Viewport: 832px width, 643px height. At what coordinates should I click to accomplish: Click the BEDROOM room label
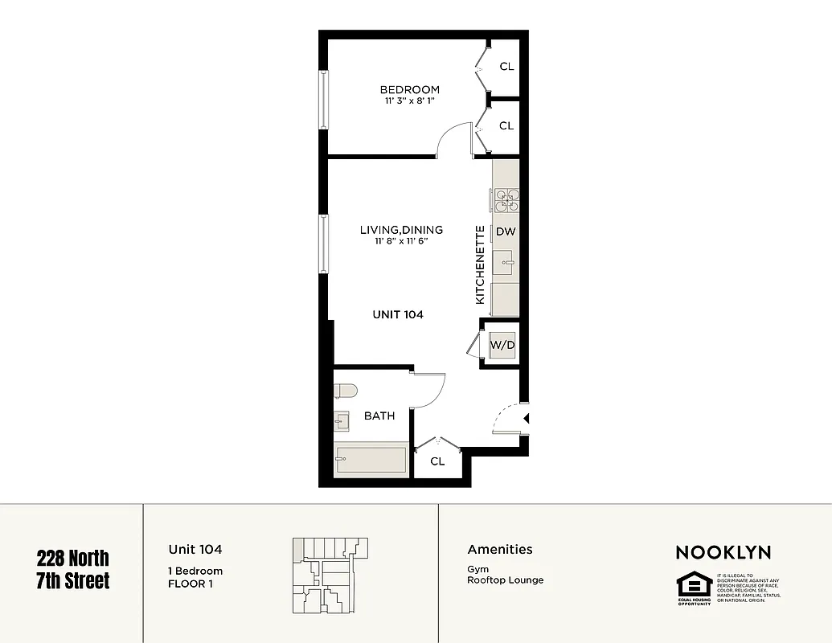click(409, 89)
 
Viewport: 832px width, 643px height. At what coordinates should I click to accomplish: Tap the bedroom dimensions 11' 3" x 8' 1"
click(409, 101)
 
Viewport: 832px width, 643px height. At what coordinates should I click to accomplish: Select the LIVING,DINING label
click(401, 230)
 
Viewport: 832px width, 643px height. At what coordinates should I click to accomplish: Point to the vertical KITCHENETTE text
click(480, 264)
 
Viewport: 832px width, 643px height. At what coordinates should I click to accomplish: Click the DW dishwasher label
click(505, 231)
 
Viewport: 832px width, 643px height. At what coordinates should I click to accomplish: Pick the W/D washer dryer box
click(502, 345)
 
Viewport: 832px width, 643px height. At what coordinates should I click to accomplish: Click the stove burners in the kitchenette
click(506, 199)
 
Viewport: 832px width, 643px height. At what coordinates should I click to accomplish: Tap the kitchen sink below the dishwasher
click(506, 260)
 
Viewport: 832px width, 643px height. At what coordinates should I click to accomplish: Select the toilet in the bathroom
click(345, 391)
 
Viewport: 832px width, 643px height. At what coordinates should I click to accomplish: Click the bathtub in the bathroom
click(371, 461)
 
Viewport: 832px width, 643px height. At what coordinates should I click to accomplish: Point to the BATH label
click(379, 416)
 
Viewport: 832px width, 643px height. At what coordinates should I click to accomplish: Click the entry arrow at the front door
click(525, 418)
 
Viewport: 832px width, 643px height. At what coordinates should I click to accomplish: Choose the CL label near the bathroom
click(437, 461)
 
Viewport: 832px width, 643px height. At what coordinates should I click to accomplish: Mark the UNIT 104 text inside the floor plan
click(398, 314)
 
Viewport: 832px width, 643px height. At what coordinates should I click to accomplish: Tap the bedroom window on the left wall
click(324, 100)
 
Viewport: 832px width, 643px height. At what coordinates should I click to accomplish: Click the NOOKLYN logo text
click(723, 552)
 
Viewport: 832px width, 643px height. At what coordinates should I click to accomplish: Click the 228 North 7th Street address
click(72, 569)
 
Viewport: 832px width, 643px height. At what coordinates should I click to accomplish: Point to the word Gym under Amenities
click(477, 569)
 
